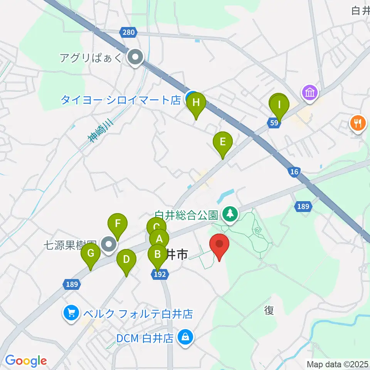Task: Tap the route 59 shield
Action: pos(273,123)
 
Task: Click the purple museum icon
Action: pos(310,93)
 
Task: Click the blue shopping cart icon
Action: pos(71,313)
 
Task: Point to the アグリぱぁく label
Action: pos(91,58)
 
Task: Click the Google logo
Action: pos(26,361)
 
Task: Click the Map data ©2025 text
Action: pos(337,364)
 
